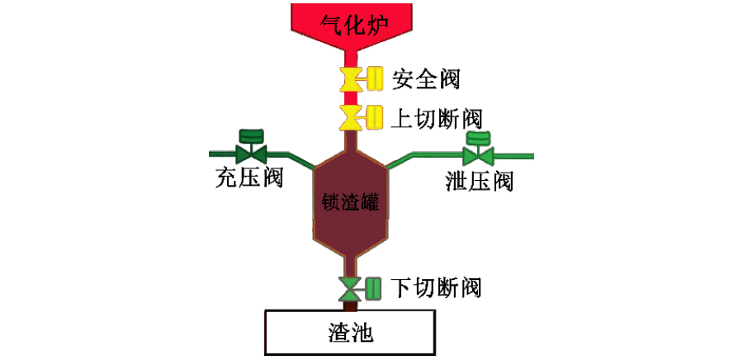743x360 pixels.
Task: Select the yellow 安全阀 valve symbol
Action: click(x=350, y=79)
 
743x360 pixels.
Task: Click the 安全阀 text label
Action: click(x=426, y=79)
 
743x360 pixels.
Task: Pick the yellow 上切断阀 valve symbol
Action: click(x=350, y=116)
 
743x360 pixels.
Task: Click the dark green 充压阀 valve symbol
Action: click(x=249, y=154)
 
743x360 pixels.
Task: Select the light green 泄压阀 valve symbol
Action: click(x=477, y=155)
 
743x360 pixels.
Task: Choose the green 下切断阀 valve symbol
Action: click(x=350, y=288)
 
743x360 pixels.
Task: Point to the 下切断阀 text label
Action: click(x=436, y=287)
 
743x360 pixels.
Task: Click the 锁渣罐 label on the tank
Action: click(x=350, y=201)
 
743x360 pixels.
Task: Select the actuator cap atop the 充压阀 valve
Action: click(x=249, y=135)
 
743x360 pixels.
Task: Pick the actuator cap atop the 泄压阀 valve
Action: click(x=477, y=137)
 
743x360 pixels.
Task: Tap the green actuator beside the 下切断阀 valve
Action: click(x=373, y=288)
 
